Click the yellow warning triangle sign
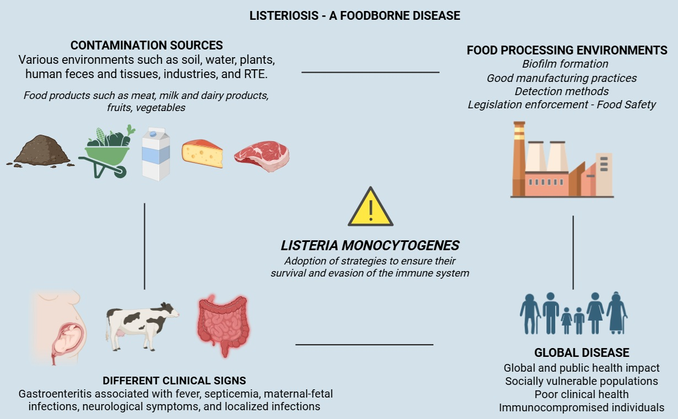click(x=371, y=208)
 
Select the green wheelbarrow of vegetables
click(x=107, y=151)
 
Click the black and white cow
click(x=141, y=324)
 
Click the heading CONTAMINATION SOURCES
click(x=147, y=45)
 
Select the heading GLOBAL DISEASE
click(x=582, y=353)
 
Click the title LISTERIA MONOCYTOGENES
click(x=370, y=245)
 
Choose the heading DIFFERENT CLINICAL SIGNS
click(x=174, y=381)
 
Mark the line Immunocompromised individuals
click(x=582, y=407)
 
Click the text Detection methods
click(x=562, y=91)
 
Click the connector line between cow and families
click(x=364, y=345)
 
